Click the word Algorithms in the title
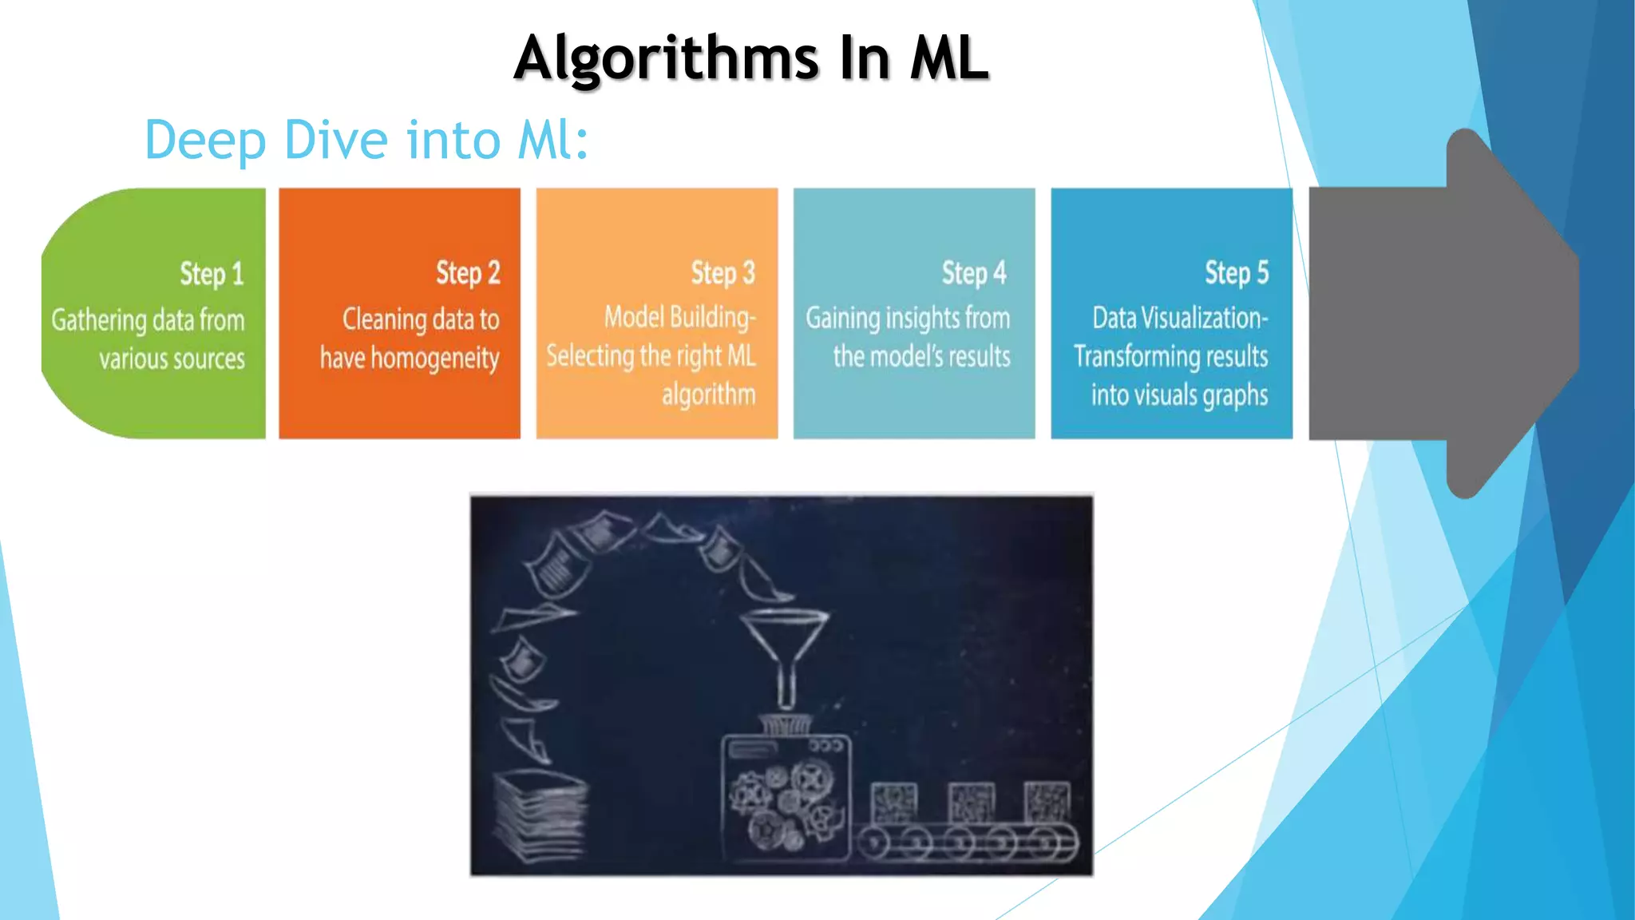click(x=667, y=59)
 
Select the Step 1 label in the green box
click(x=211, y=274)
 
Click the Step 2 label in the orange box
click(x=468, y=273)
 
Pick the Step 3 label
click(x=722, y=273)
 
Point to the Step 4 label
click(x=974, y=273)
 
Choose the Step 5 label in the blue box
click(x=1237, y=273)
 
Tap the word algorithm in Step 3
click(x=708, y=395)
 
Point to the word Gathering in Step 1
click(x=98, y=320)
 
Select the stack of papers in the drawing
click(x=540, y=815)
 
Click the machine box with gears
click(x=786, y=799)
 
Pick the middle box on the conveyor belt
click(x=971, y=801)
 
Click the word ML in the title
click(x=949, y=59)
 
